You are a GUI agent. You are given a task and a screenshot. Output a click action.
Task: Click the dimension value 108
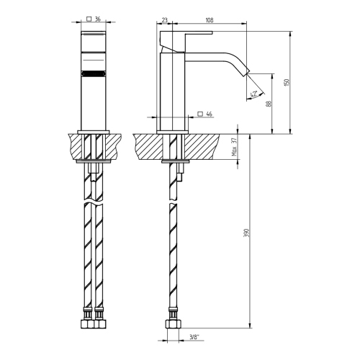(208, 21)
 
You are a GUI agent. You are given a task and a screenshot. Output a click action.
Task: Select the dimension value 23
(164, 21)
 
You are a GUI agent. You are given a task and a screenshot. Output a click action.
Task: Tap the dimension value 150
(287, 82)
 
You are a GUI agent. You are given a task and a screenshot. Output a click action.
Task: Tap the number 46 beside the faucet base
(209, 114)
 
